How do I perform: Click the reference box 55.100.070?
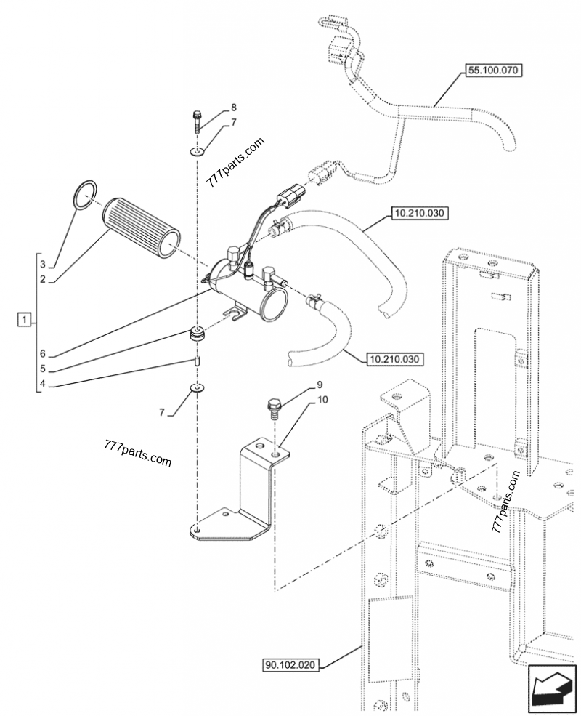point(493,71)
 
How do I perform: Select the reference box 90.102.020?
point(290,665)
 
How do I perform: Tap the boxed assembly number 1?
point(24,319)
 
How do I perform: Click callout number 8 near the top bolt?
point(234,108)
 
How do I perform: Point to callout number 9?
point(320,385)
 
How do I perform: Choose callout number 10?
point(322,400)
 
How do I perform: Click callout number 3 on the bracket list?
point(42,265)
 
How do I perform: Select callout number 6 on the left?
point(42,354)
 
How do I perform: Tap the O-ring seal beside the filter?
point(85,196)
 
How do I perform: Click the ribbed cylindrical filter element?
point(142,229)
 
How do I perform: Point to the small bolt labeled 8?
point(197,120)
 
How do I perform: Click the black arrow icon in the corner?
point(551,688)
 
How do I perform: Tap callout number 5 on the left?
point(42,369)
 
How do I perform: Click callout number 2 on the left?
point(42,279)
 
